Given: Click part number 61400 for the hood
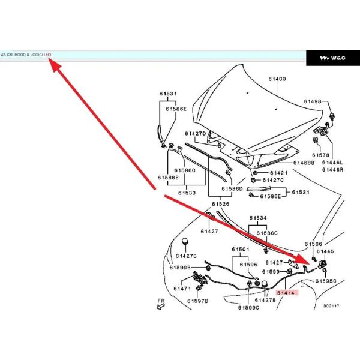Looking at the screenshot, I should click(x=277, y=79).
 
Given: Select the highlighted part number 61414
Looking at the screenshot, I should click(x=286, y=292).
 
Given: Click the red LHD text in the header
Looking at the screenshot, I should click(x=48, y=55).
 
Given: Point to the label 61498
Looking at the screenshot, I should click(x=313, y=101).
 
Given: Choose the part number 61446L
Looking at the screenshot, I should click(x=332, y=163).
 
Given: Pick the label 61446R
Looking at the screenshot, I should click(x=332, y=170).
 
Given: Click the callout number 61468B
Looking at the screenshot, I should click(x=304, y=163).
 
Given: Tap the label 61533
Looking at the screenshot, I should click(x=187, y=193).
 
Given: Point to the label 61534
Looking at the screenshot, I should click(x=257, y=218).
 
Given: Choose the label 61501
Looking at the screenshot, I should click(x=241, y=249).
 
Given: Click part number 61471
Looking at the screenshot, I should click(x=182, y=289).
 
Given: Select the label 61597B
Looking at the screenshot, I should click(x=197, y=301).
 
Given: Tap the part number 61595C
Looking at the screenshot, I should click(x=326, y=280).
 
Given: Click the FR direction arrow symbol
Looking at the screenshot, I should click(x=160, y=305).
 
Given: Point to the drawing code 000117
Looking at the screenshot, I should click(x=331, y=305).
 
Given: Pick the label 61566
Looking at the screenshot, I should click(x=313, y=244).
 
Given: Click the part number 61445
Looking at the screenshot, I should click(x=333, y=251).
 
